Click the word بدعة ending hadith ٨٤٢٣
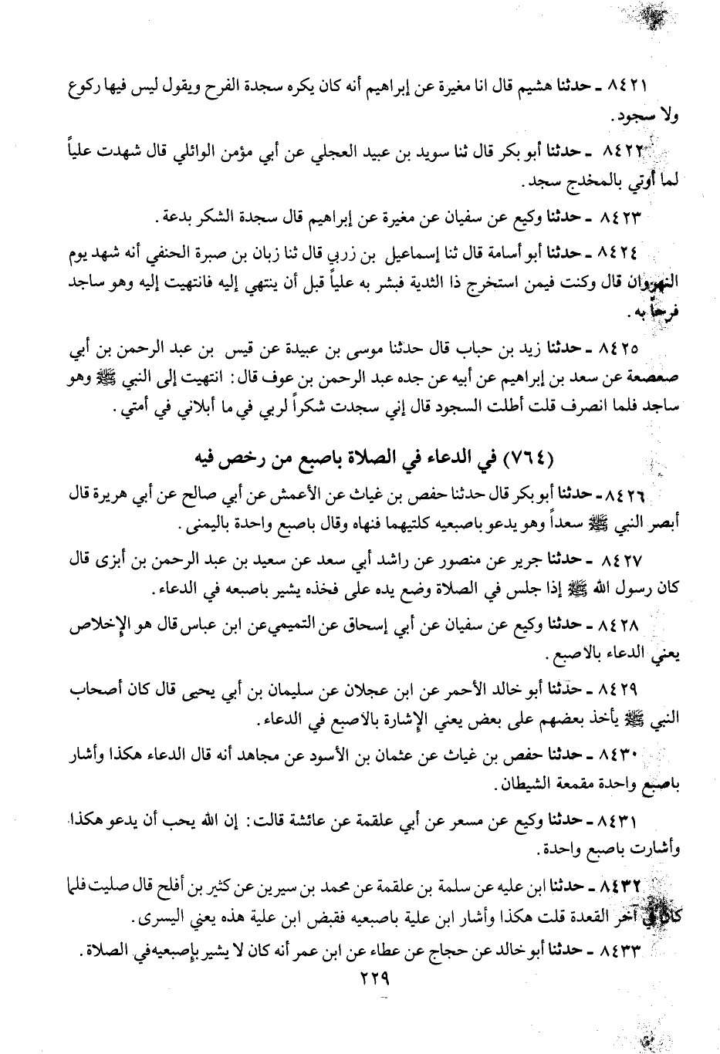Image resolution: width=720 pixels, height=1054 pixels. (182, 218)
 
